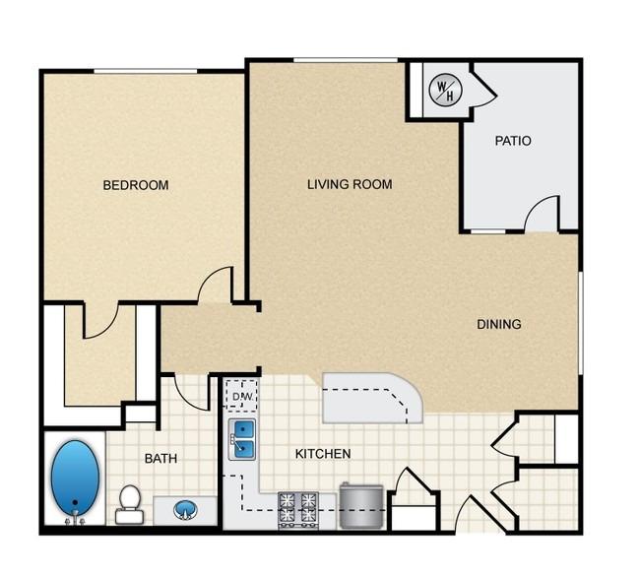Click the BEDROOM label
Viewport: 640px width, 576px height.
136,185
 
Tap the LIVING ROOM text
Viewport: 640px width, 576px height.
350,184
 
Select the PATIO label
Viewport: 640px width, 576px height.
513,141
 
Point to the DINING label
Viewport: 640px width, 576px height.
499,324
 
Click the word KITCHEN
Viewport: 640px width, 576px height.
323,454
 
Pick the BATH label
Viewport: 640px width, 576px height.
160,459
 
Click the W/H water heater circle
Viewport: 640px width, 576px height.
446,91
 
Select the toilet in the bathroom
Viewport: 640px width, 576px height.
129,504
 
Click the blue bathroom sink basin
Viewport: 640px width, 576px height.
186,510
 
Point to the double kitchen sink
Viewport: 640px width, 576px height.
242,439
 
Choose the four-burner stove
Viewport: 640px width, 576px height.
298,510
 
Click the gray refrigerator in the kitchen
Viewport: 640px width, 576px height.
361,505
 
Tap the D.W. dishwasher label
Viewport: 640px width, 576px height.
243,397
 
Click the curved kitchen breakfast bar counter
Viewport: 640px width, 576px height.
372,398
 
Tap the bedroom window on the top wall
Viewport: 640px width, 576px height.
146,72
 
